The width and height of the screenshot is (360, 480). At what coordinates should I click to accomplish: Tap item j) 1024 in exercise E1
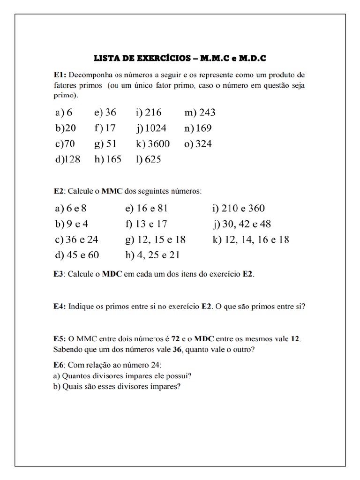151,128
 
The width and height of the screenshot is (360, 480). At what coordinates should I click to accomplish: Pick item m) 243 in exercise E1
200,112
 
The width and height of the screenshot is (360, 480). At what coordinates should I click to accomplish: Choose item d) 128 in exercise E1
67,159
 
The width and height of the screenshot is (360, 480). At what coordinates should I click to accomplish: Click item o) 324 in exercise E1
198,144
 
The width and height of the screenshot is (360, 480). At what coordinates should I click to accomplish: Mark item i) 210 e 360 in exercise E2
241,209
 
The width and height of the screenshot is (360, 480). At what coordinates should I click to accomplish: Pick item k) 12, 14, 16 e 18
250,240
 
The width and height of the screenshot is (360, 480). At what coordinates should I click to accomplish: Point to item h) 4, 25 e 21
152,255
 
